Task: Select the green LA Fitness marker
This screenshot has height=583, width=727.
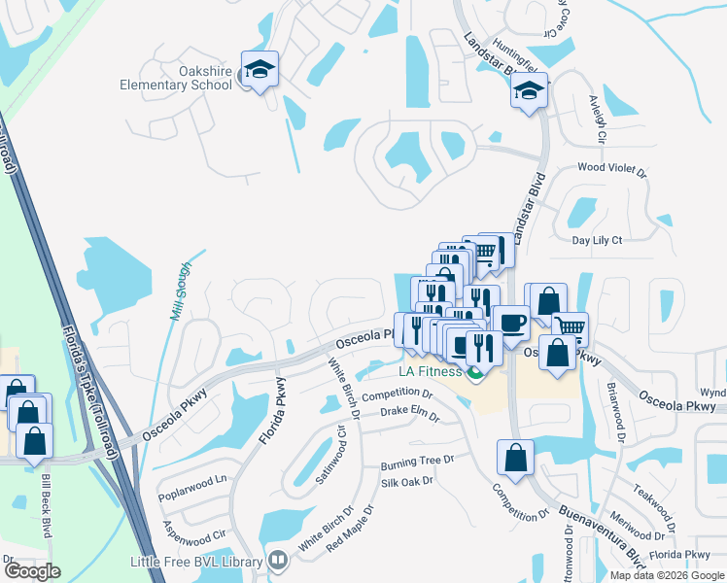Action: (x=475, y=373)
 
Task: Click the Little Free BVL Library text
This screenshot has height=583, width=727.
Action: (x=197, y=562)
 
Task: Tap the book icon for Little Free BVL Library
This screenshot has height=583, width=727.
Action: (x=278, y=561)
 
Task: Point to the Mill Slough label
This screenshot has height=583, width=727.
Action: (x=179, y=291)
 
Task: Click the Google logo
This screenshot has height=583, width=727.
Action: (x=32, y=571)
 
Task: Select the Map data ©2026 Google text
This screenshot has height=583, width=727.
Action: (x=667, y=575)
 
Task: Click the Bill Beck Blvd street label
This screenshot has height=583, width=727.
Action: (x=46, y=505)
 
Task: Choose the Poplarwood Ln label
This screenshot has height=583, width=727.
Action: (x=193, y=479)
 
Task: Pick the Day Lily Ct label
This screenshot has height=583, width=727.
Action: (x=597, y=240)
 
